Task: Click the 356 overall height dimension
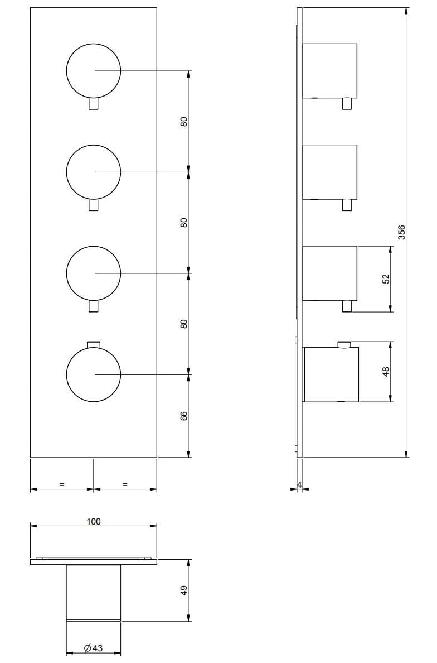click(x=401, y=232)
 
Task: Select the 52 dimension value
click(x=385, y=279)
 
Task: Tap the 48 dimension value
click(x=385, y=371)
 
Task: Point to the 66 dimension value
click(x=183, y=416)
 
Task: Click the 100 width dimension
click(x=94, y=521)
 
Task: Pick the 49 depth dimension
click(x=184, y=590)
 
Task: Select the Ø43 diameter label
click(x=93, y=648)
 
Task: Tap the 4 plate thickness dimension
click(x=299, y=484)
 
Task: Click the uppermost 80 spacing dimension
click(x=183, y=121)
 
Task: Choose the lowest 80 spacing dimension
click(x=183, y=323)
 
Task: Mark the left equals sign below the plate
click(x=61, y=484)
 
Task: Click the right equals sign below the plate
click(x=125, y=484)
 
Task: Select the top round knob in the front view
click(x=94, y=71)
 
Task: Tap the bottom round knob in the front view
click(x=94, y=374)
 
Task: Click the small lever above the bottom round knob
click(x=94, y=343)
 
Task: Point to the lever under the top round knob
click(x=94, y=104)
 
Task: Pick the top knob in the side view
click(x=329, y=71)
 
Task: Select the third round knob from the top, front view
click(x=94, y=273)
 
